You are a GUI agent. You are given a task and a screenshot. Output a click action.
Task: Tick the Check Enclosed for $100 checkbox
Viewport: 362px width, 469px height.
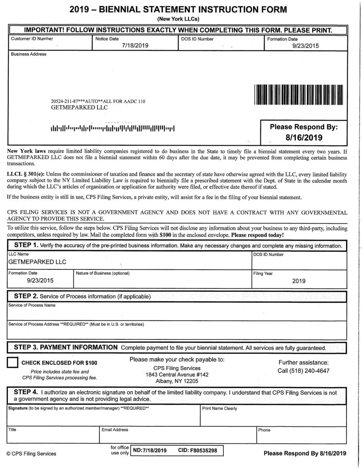click(x=13, y=362)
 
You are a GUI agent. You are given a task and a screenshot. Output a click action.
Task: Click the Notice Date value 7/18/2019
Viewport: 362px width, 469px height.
click(x=133, y=46)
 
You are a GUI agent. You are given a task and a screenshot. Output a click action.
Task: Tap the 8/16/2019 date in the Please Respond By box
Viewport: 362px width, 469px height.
click(x=304, y=137)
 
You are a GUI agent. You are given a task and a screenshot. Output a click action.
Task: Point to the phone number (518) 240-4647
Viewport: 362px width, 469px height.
click(x=303, y=371)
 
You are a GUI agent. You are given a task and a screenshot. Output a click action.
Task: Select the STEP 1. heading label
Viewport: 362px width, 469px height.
click(x=26, y=245)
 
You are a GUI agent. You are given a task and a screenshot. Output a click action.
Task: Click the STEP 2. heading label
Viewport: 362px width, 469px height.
click(x=26, y=296)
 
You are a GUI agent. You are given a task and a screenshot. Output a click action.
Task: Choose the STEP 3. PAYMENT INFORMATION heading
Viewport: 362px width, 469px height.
click(x=64, y=347)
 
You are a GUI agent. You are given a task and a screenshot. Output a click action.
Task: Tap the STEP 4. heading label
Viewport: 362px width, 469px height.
click(x=26, y=392)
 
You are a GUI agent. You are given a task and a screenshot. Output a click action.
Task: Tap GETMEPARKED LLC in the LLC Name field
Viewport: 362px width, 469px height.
click(x=38, y=262)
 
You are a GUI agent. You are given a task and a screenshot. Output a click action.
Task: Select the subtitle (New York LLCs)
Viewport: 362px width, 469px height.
click(x=181, y=18)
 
